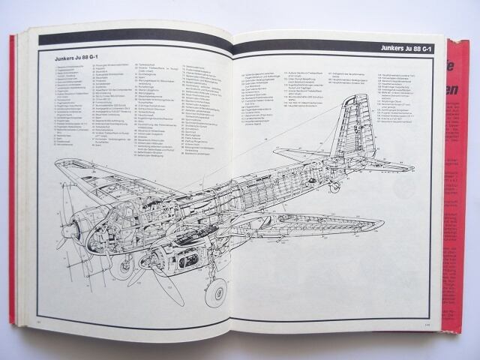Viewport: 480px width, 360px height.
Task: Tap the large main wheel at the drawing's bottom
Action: click(215, 293)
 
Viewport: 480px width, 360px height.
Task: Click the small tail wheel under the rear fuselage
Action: click(335, 187)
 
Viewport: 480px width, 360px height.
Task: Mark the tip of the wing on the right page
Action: click(382, 223)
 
